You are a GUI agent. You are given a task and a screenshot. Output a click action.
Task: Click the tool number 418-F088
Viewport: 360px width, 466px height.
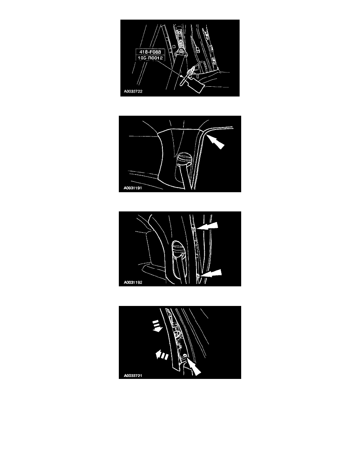click(150, 52)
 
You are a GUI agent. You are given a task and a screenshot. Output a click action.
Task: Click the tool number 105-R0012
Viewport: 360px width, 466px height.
click(150, 58)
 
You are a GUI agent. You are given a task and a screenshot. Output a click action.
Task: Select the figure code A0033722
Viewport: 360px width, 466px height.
click(133, 91)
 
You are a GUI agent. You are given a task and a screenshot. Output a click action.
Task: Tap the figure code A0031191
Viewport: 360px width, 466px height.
click(133, 188)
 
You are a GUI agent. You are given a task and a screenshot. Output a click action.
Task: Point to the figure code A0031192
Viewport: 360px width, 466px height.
click(133, 282)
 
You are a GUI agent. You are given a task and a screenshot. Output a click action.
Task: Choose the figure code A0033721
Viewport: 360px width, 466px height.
click(133, 376)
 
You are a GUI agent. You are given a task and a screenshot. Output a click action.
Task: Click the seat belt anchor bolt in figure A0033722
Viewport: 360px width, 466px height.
click(181, 51)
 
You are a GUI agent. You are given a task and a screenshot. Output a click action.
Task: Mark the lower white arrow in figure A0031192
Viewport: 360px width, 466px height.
click(211, 274)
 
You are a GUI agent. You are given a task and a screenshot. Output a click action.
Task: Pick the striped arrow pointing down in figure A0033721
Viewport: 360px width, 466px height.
click(157, 326)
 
